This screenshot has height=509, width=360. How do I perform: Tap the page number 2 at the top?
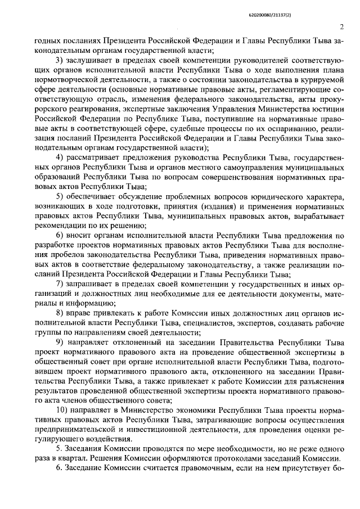[341, 26]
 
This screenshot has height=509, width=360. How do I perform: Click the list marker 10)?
[61, 411]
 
